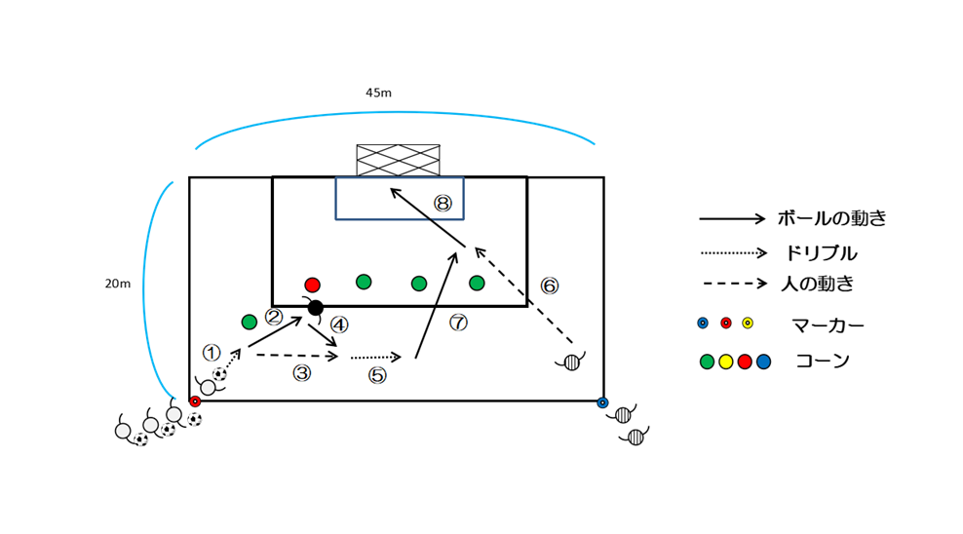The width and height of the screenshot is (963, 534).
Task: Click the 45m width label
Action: [378, 93]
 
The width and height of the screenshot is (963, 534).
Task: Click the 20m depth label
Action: [117, 284]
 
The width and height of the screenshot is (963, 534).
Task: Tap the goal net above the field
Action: [398, 160]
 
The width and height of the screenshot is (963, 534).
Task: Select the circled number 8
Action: [443, 203]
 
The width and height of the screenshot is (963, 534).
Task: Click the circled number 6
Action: [550, 286]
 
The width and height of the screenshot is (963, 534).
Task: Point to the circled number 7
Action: [459, 323]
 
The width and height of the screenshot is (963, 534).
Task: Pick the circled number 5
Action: [378, 374]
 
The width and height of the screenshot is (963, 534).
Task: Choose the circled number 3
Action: [302, 372]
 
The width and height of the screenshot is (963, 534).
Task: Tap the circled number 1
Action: [212, 352]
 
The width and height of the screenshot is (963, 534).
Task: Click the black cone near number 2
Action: [315, 308]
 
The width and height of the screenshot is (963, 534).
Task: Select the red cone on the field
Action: [312, 285]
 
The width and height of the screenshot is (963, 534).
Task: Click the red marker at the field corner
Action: [195, 401]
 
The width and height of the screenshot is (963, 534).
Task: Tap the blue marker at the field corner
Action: [602, 401]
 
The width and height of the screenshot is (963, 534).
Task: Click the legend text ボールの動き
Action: [831, 218]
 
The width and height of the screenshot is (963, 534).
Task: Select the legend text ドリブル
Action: [821, 253]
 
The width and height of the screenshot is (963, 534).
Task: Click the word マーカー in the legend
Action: [827, 324]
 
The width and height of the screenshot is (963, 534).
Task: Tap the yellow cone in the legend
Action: [725, 362]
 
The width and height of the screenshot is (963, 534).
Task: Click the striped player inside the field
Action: [571, 362]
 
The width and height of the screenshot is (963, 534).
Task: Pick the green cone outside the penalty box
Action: [250, 322]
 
